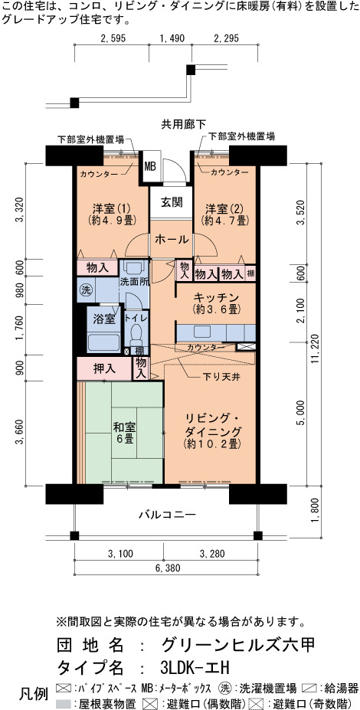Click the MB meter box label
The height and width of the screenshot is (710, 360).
pos(150,166)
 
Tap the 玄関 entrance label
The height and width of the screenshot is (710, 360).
pos(172,202)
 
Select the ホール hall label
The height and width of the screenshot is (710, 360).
pos(172,239)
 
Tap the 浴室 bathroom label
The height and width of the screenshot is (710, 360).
pos(103,319)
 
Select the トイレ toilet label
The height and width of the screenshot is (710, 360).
pos(136,318)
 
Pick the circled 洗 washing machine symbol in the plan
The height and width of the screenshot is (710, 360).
pos(85,290)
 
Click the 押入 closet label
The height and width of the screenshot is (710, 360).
pos(104,368)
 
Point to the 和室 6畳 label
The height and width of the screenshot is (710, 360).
pos(123,433)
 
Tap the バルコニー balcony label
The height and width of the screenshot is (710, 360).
pos(167,515)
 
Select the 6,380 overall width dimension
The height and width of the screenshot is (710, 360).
pos(165,568)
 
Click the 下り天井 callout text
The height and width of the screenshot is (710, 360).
pos(218,376)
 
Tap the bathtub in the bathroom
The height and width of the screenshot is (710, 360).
pos(103,341)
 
